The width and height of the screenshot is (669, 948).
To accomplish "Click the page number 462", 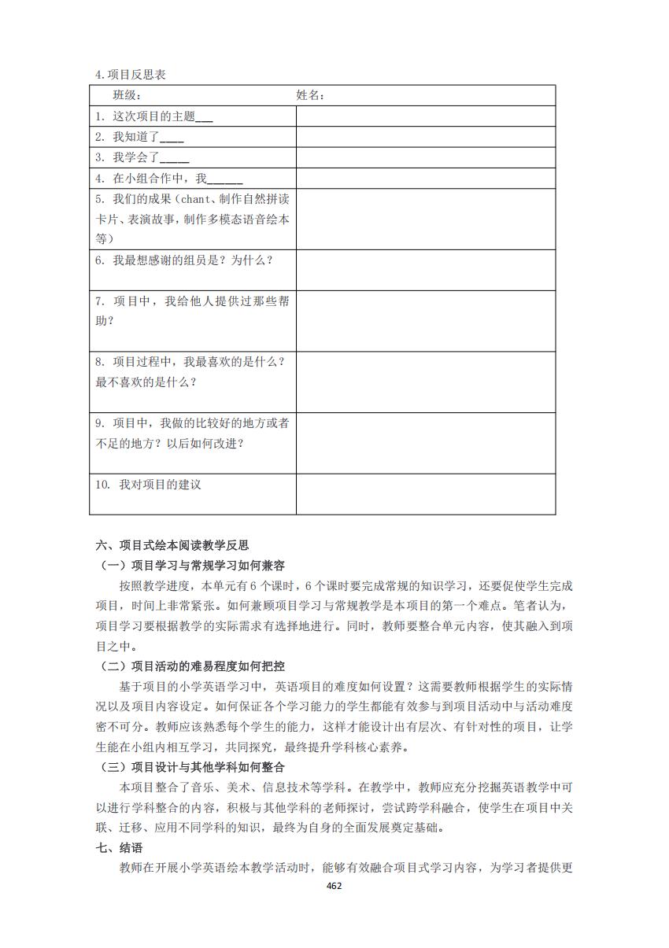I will click(334, 885).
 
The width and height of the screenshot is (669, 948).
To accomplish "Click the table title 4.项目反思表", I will click(130, 75).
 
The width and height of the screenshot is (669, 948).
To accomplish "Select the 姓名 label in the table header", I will click(310, 95).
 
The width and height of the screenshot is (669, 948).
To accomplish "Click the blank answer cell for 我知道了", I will click(425, 137).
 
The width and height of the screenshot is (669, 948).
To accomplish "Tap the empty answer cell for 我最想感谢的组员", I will click(425, 270).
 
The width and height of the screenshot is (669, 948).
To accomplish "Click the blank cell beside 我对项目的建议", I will click(425, 494).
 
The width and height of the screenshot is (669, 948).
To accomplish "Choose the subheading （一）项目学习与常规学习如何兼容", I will click(192, 566).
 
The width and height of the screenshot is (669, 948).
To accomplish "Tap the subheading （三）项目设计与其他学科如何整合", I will click(192, 766).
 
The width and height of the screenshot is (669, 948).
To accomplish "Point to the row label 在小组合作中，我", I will click(169, 179).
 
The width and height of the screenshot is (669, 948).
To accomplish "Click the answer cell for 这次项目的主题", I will click(425, 116).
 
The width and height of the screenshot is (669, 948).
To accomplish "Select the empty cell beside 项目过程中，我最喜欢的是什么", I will click(425, 382).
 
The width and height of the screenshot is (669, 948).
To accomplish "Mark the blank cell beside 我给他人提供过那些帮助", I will click(425, 321).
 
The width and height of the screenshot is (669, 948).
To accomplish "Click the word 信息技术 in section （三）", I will click(270, 787).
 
